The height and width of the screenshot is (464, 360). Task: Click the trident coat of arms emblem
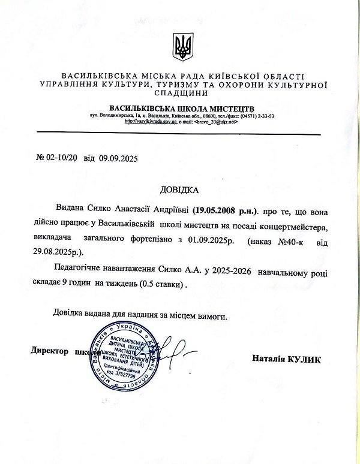(x=182, y=47)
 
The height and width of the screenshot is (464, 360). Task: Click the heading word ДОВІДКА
(x=179, y=191)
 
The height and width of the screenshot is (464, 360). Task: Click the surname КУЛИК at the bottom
(x=304, y=359)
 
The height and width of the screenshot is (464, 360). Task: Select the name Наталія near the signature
(x=269, y=359)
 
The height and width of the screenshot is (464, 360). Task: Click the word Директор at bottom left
(x=50, y=352)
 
